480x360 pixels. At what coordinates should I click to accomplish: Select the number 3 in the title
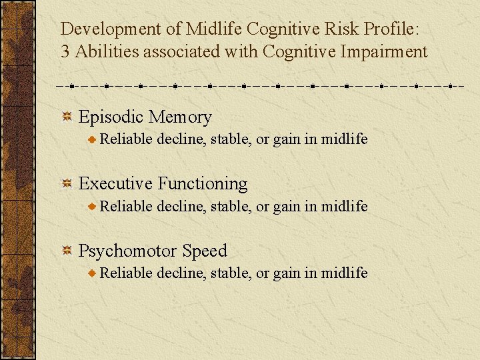coord(65,52)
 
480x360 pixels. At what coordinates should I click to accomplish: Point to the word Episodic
coord(111,117)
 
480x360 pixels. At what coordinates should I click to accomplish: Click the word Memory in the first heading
coord(180,117)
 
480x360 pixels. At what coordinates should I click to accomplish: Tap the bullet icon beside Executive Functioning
coord(67,184)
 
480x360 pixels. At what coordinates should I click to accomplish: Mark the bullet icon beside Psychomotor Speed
coord(67,251)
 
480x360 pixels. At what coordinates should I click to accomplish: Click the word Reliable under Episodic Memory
coord(127,139)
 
